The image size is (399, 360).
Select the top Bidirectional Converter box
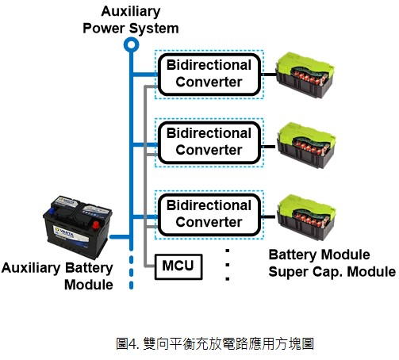pos(209,75)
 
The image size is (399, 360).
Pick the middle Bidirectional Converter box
pos(209,143)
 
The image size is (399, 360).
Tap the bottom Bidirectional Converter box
pos(209,215)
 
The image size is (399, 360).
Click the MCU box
pos(178,266)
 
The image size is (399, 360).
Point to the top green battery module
pos(305,75)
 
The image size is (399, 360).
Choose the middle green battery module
pos(306,145)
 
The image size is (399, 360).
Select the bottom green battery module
pos(306,217)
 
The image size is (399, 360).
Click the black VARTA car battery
pos(78,227)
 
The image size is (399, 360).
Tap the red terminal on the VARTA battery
pos(95,225)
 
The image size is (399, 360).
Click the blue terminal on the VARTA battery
pos(52,211)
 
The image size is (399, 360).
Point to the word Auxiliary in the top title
pos(131,12)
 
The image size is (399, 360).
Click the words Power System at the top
pos(131,29)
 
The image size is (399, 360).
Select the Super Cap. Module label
pos(332,272)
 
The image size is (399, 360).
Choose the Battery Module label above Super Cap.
pos(319,255)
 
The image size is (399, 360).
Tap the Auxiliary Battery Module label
pos(57,276)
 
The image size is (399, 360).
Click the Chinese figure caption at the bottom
pos(215,344)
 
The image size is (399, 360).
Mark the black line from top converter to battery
pos(268,75)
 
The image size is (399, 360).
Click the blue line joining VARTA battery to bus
pos(120,236)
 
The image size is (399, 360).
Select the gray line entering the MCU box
pos(150,266)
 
